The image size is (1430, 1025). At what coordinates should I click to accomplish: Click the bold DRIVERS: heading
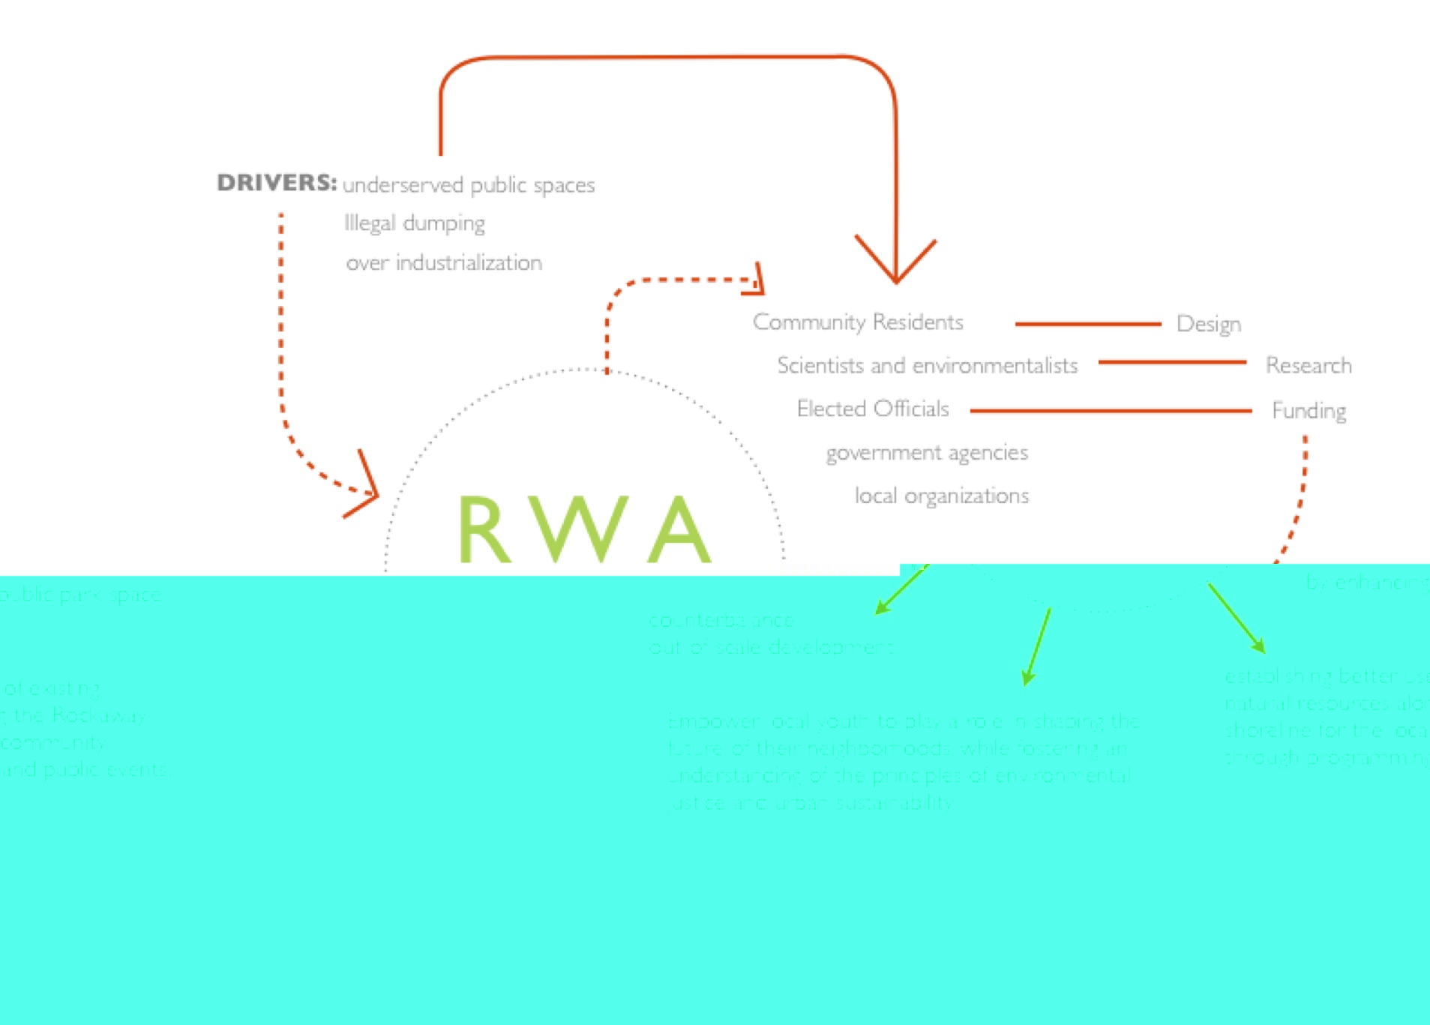[276, 182]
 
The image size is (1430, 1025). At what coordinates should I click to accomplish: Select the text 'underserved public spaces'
[469, 185]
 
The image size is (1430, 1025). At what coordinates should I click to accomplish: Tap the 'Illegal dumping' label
[415, 223]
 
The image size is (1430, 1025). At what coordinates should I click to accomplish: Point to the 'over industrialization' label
[444, 263]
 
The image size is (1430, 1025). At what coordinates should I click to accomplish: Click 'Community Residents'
[858, 322]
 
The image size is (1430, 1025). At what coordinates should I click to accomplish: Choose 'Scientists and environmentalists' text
[928, 366]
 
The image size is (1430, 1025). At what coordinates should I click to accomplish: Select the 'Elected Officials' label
[873, 409]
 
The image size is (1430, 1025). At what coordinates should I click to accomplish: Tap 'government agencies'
[927, 453]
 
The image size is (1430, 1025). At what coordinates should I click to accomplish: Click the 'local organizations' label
[942, 496]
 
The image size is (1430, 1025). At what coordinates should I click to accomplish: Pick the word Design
[1208, 324]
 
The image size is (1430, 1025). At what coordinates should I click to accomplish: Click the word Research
[1309, 366]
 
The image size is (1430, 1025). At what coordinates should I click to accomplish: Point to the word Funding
[1309, 411]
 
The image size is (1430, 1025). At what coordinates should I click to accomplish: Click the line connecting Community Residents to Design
[1087, 324]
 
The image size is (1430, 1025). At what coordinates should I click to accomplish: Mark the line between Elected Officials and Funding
[1110, 411]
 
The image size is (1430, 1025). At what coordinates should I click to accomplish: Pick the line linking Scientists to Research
[1171, 362]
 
